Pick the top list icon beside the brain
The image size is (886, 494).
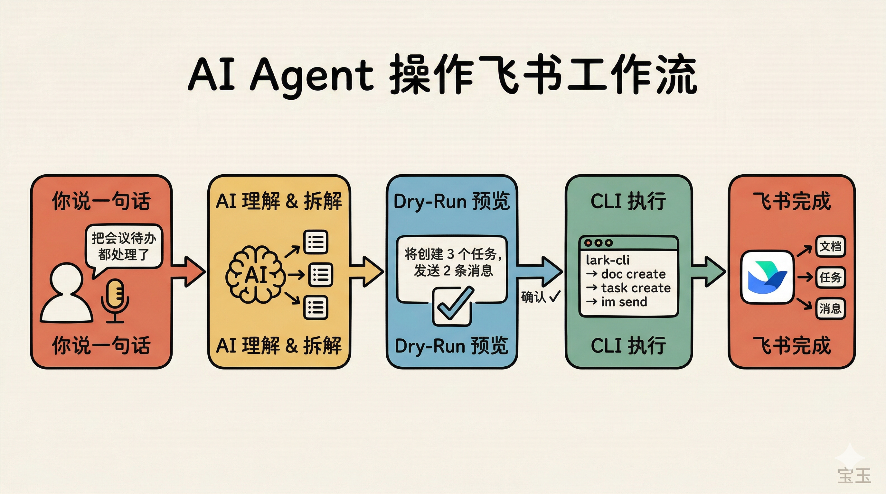pyautogui.click(x=316, y=242)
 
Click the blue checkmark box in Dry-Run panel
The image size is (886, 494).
pyautogui.click(x=452, y=306)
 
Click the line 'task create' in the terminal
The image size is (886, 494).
pyautogui.click(x=636, y=288)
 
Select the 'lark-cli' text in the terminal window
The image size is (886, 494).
pyautogui.click(x=608, y=260)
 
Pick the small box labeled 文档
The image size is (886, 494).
pyautogui.click(x=830, y=246)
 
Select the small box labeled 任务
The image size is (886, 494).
pyautogui.click(x=830, y=277)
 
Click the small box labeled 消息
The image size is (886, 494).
pyautogui.click(x=830, y=308)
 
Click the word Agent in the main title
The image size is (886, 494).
pyautogui.click(x=312, y=75)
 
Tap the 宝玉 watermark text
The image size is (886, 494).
pyautogui.click(x=854, y=475)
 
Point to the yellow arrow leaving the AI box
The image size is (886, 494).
pyautogui.click(x=366, y=271)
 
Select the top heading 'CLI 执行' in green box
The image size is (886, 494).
pyautogui.click(x=628, y=201)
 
